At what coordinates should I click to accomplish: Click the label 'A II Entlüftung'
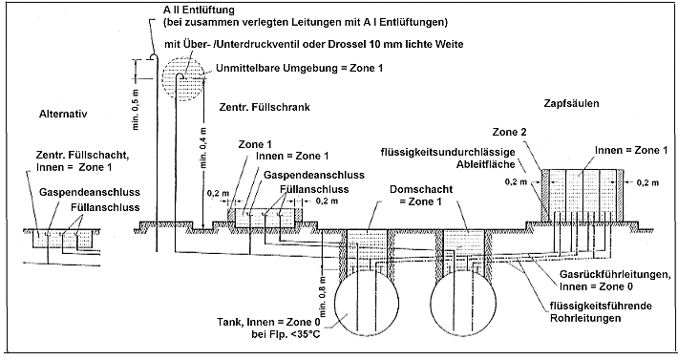point(199,10)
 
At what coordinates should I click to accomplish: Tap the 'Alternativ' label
point(63,114)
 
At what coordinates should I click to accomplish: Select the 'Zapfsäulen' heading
point(571,104)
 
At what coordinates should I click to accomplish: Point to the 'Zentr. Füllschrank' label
point(265,107)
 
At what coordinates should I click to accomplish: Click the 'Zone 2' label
point(510,132)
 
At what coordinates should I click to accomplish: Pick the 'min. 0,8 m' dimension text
point(323,296)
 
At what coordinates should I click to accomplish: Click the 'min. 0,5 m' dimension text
point(136,110)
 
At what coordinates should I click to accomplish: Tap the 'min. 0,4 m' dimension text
point(203,147)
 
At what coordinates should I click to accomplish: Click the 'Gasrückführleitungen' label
point(615,274)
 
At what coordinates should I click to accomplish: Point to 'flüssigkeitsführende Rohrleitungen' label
point(601,312)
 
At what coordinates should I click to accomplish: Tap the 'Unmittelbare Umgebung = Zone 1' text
point(299,68)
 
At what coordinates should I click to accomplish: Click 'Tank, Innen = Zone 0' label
point(269,323)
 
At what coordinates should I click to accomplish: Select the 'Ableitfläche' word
point(486,164)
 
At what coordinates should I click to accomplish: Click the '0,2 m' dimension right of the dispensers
point(647,182)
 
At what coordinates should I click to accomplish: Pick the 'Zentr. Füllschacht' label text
point(78,156)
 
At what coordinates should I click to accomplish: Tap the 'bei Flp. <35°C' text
point(286,334)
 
